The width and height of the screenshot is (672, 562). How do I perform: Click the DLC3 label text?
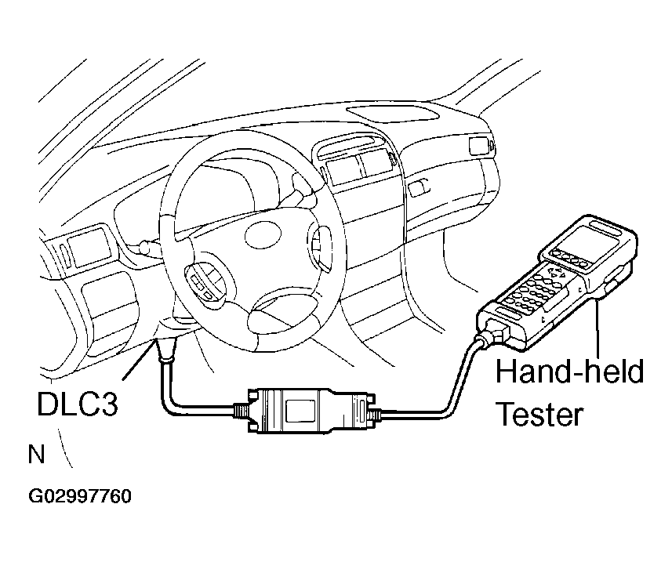(77, 404)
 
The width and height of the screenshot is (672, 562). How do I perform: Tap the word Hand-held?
(569, 371)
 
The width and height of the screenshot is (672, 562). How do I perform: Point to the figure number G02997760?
(80, 496)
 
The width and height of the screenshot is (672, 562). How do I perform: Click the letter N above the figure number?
(36, 454)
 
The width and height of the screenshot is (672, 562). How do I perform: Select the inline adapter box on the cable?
(305, 412)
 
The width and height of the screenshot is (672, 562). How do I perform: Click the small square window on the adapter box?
(300, 412)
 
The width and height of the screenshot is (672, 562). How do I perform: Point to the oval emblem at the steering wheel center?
(263, 234)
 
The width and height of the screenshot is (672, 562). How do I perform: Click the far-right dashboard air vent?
(480, 146)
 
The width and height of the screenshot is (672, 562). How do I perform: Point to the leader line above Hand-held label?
(598, 328)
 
